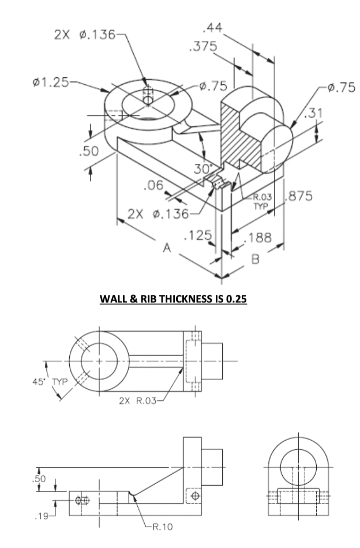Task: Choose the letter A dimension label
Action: coord(167,248)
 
